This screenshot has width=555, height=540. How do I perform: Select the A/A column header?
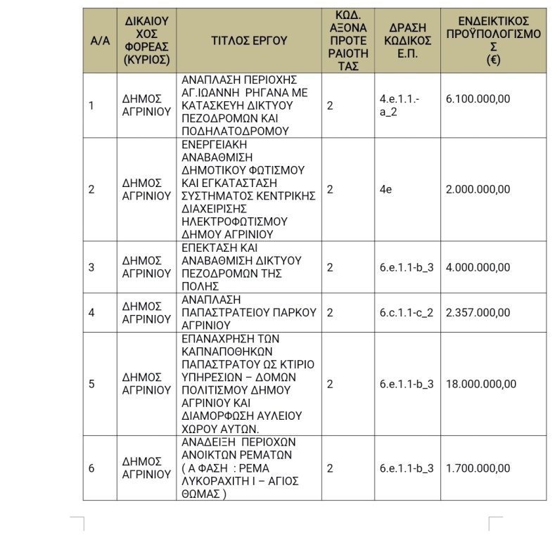101,41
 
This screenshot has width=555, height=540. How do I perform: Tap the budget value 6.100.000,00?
478,99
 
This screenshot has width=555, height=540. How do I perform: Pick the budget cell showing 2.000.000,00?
478,189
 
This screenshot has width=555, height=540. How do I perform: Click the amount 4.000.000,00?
478,267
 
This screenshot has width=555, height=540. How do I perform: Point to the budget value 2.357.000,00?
478,312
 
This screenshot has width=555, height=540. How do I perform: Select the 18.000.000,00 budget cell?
481,384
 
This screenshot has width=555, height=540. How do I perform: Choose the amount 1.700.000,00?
478,468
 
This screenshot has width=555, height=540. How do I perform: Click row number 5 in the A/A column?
91,384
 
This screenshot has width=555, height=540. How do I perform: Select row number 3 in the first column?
91,267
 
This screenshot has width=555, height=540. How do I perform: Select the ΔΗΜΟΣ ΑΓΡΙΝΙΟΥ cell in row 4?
146,312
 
